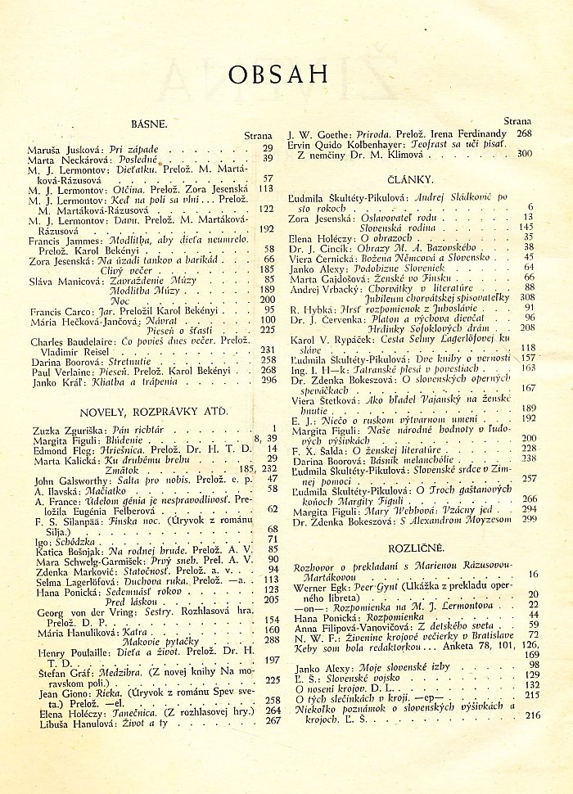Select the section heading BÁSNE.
[149, 124]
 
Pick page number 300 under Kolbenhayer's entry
[525, 153]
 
